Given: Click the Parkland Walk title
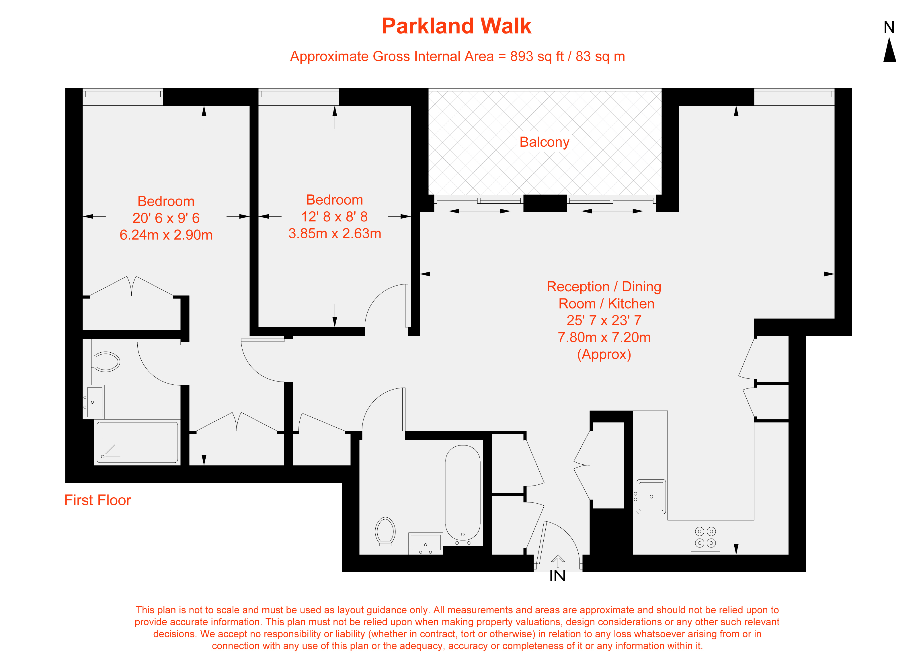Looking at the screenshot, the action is pos(456,26).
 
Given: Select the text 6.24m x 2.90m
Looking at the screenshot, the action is pos(166,235).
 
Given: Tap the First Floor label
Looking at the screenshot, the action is pos(97,500).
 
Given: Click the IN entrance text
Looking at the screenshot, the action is pos(557,576).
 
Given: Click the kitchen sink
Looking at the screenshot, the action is pos(651,497).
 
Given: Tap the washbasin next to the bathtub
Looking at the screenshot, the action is pos(426,543).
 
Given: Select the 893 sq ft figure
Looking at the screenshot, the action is pos(537,56).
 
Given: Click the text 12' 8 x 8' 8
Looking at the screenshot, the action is pos(334,217).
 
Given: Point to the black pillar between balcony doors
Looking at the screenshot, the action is pos(545,203).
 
